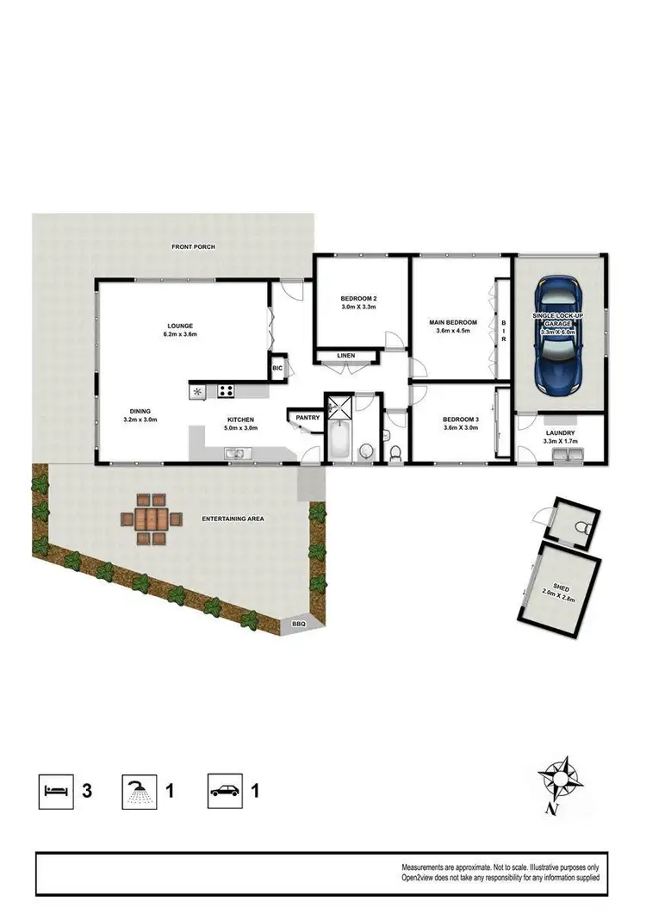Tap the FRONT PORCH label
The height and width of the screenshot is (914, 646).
pyautogui.click(x=193, y=247)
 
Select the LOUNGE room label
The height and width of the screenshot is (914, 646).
pyautogui.click(x=179, y=326)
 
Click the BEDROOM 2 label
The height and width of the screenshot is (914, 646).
pyautogui.click(x=360, y=298)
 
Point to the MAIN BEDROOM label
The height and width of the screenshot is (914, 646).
pyautogui.click(x=453, y=322)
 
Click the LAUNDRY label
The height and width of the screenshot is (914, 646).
pyautogui.click(x=560, y=433)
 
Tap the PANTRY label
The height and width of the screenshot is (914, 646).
pyautogui.click(x=307, y=418)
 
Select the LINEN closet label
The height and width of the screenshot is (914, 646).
pyautogui.click(x=346, y=355)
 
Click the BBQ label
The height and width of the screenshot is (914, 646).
pyautogui.click(x=299, y=624)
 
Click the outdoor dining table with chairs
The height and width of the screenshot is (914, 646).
pyautogui.click(x=152, y=519)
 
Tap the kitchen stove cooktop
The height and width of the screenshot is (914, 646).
pyautogui.click(x=226, y=390)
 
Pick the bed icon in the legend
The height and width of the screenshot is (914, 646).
pyautogui.click(x=55, y=790)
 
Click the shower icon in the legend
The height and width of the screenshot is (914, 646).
pyautogui.click(x=137, y=790)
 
